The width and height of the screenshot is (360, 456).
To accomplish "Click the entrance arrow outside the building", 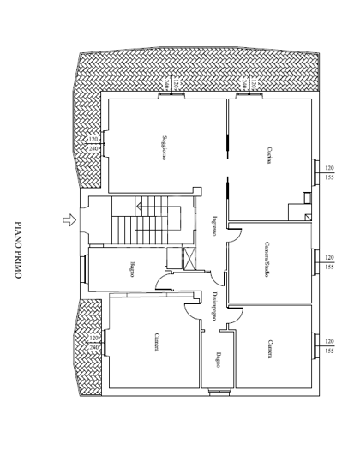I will click(x=67, y=221).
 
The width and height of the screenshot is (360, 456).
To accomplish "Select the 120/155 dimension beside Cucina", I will click(x=329, y=171).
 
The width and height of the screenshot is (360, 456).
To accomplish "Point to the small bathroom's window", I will click(x=218, y=393).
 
